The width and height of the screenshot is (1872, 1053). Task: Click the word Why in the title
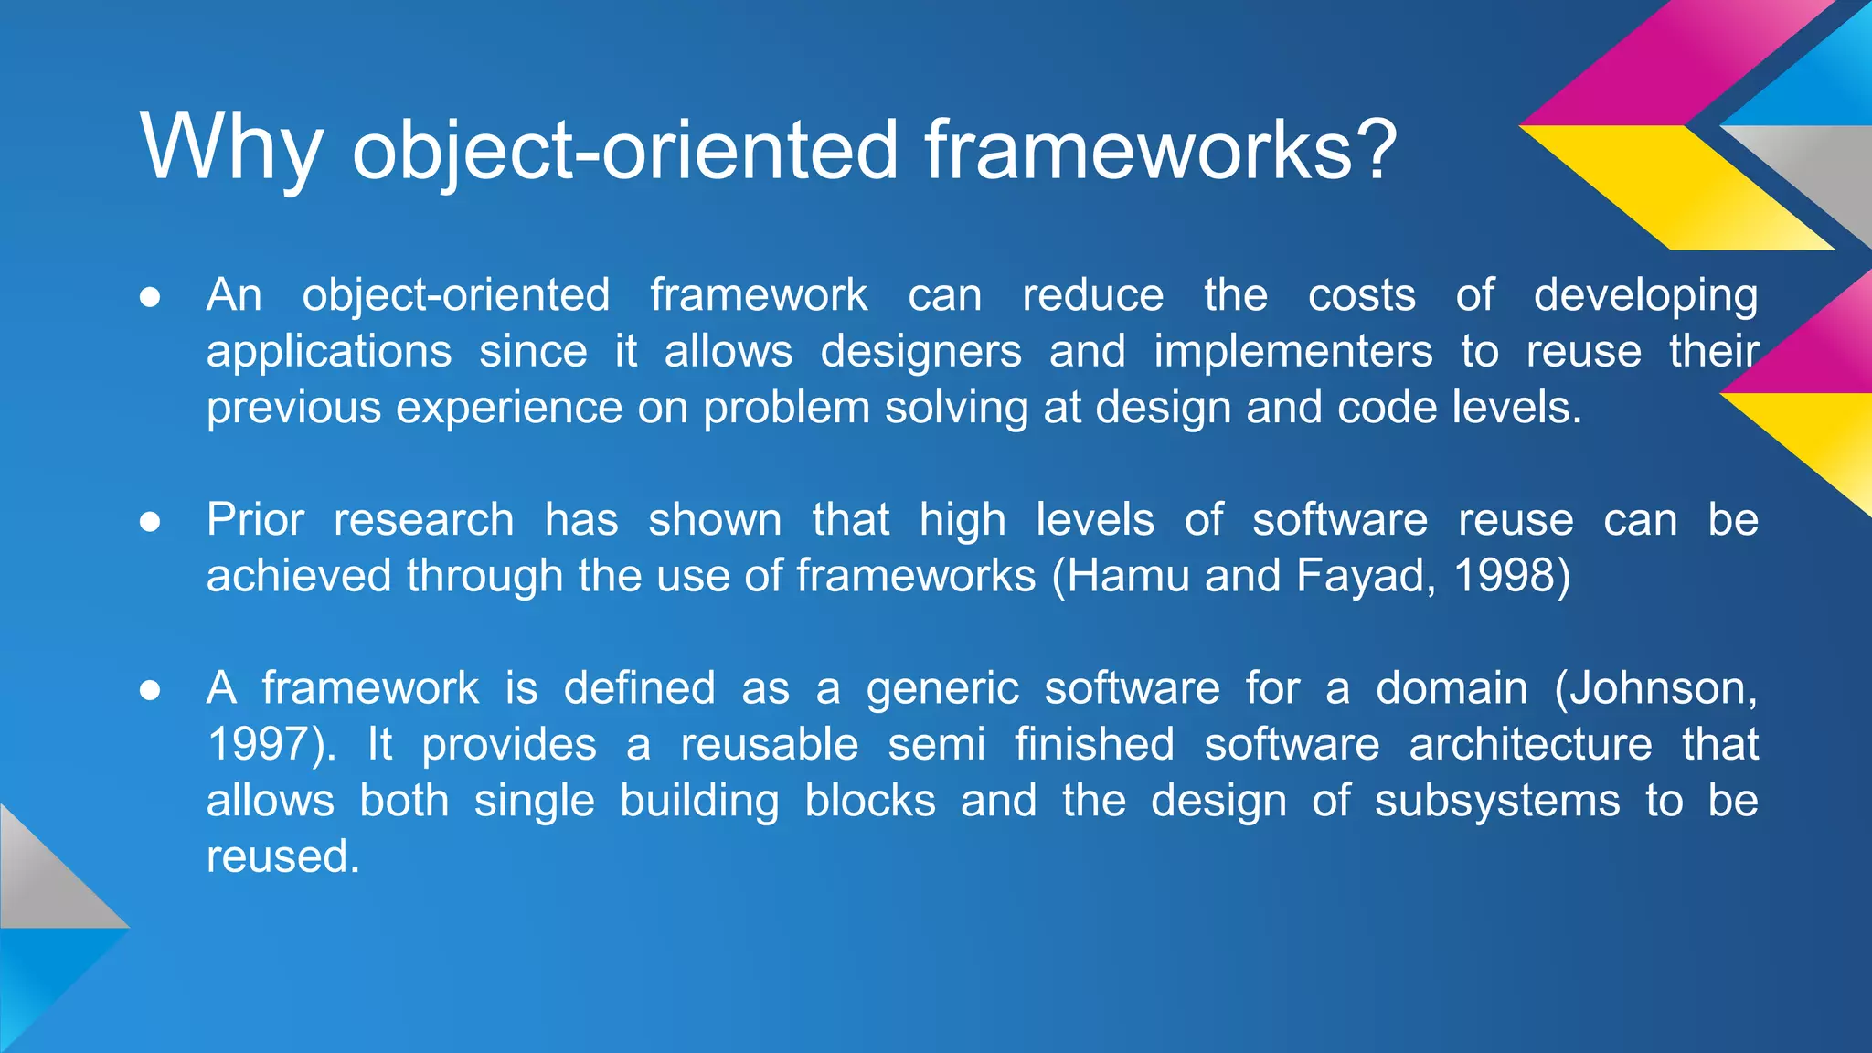(231, 149)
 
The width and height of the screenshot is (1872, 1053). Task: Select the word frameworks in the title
(1137, 148)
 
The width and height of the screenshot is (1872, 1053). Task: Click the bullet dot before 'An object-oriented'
(150, 297)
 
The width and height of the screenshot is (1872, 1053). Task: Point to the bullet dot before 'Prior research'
(150, 522)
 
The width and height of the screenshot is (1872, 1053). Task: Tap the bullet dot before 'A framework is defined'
(150, 690)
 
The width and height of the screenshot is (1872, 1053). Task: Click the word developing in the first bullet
(1645, 297)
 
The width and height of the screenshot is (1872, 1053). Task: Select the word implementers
(1292, 352)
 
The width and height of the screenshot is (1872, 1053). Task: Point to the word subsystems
(1496, 802)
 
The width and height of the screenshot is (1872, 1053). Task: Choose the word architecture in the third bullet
(1530, 744)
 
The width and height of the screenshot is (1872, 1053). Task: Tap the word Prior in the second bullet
(255, 520)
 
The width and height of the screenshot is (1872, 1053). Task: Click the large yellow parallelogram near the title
(1677, 187)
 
